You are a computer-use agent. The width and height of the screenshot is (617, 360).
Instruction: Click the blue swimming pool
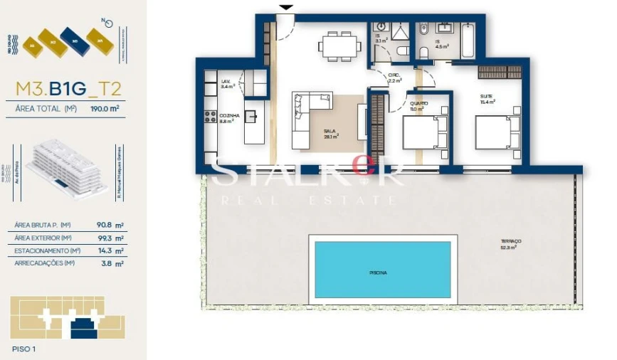[383, 269]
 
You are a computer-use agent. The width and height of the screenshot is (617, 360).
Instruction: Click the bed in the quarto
[424, 131]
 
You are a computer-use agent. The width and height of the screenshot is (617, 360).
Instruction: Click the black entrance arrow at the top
[285, 8]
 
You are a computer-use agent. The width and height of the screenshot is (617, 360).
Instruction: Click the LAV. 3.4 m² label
[228, 84]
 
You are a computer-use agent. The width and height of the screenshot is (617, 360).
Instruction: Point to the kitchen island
[254, 121]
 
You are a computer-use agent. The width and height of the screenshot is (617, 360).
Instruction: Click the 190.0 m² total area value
[104, 109]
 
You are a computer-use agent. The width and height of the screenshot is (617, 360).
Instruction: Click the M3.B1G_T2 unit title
[68, 88]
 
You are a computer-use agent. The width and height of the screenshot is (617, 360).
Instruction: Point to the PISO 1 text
[24, 349]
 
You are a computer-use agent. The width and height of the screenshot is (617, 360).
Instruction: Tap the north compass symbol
[107, 23]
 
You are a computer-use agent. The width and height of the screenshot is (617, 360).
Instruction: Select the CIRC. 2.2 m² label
[395, 78]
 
